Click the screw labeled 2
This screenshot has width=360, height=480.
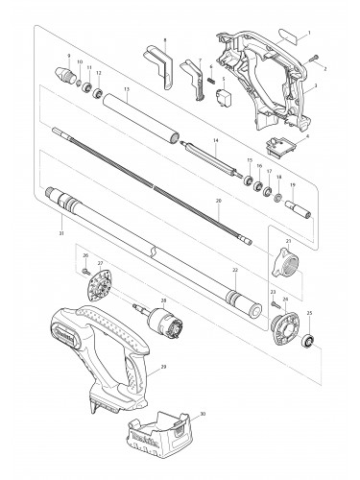[315, 60]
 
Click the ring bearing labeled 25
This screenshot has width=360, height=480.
[310, 343]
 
